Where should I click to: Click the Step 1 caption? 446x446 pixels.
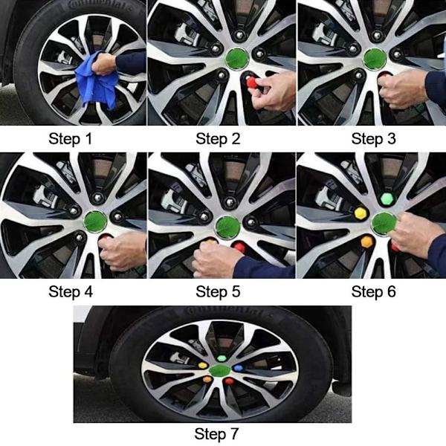(x=71, y=139)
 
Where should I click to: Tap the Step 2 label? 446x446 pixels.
(x=218, y=139)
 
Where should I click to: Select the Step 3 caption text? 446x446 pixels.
(x=373, y=139)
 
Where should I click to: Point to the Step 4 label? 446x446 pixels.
(x=71, y=291)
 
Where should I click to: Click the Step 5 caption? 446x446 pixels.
(x=218, y=291)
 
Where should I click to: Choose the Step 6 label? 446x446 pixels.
(x=373, y=291)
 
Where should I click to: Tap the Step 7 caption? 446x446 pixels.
(x=216, y=433)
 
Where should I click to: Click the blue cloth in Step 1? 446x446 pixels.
(x=96, y=80)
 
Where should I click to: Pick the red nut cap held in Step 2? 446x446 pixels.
(x=252, y=83)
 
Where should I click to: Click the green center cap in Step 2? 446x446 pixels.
(x=237, y=58)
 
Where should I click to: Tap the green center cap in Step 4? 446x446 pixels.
(x=96, y=222)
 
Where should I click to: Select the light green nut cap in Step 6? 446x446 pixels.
(x=387, y=198)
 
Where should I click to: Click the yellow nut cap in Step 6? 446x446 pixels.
(x=361, y=213)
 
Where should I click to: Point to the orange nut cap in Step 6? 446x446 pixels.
(x=366, y=242)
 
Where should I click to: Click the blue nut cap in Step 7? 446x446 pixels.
(x=239, y=368)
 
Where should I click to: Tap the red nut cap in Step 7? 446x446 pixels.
(x=228, y=381)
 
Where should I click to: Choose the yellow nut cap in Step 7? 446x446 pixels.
(x=203, y=366)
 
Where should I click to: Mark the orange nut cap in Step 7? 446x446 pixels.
(x=207, y=379)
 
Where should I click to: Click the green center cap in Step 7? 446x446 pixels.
(x=220, y=370)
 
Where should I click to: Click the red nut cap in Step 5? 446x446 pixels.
(x=239, y=247)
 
